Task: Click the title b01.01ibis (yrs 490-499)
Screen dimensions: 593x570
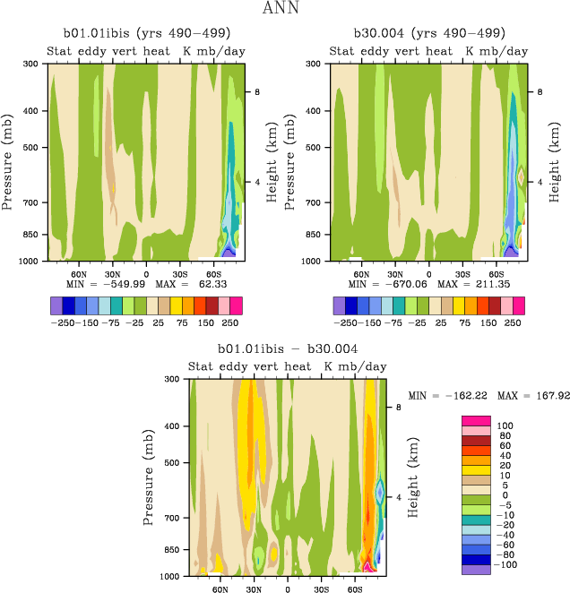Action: click(x=146, y=34)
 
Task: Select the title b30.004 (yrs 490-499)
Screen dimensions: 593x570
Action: click(x=428, y=34)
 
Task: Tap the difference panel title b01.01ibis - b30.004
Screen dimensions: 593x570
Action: click(x=288, y=348)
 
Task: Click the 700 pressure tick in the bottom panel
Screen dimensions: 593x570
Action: click(x=169, y=518)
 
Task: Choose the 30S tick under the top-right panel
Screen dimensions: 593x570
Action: click(x=462, y=273)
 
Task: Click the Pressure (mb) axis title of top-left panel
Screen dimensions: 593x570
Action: click(x=9, y=161)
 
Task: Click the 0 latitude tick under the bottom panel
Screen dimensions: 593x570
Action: click(x=288, y=589)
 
